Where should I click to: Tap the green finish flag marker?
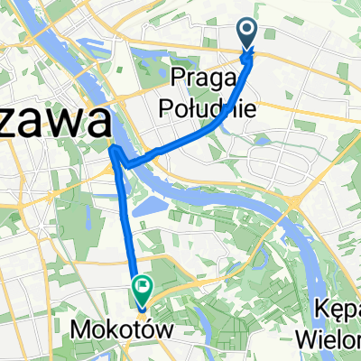pos(142,289)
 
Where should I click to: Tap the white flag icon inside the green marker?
pos(142,288)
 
